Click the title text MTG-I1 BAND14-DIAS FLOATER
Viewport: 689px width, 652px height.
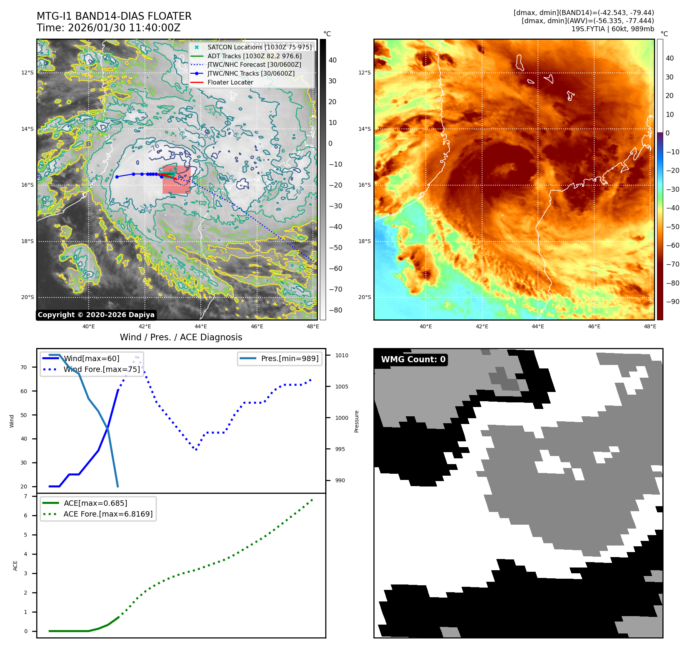point(114,16)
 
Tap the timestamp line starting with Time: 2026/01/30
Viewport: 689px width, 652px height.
point(108,28)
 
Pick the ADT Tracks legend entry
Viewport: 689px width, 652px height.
point(254,56)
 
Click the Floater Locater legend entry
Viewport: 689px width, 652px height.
point(230,82)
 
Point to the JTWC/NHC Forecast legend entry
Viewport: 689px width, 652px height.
point(254,64)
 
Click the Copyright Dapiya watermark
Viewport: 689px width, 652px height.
point(96,315)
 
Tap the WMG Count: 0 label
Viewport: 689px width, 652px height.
point(413,360)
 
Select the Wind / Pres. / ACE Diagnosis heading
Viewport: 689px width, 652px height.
point(181,337)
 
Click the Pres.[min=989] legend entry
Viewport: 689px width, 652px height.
point(289,358)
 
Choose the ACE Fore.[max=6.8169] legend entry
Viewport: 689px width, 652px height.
point(108,514)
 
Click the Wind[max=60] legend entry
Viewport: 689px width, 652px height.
point(91,358)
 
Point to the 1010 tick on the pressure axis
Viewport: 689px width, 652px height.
point(341,355)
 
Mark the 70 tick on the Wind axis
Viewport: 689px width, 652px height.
point(24,367)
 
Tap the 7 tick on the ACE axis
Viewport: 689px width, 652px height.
point(26,496)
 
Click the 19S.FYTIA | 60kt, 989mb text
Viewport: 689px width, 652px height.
point(612,29)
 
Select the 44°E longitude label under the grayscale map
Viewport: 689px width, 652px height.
point(201,326)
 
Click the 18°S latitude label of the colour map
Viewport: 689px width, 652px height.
point(365,241)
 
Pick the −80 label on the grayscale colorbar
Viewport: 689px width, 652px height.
point(335,310)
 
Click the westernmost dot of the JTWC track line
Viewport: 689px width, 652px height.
point(117,177)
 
